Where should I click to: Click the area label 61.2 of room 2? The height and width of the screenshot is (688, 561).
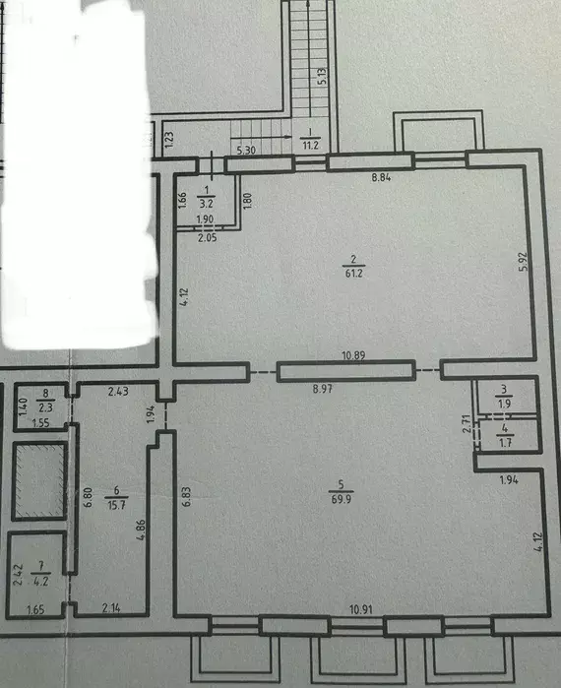tap(354, 274)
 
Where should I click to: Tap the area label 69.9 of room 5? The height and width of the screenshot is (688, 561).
tap(342, 499)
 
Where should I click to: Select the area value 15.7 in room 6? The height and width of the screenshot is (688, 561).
tap(116, 505)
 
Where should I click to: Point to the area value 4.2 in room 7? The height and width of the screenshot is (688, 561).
tap(41, 581)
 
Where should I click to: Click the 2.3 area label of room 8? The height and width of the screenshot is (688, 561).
tap(45, 407)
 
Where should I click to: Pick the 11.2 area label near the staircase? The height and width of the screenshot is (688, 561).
tap(310, 145)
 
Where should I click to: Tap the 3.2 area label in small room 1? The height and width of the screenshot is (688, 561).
tap(206, 203)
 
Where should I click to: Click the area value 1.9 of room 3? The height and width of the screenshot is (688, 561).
tap(505, 404)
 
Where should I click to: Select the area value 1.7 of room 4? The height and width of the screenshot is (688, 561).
tap(505, 442)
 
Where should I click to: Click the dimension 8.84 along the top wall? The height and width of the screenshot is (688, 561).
tap(381, 177)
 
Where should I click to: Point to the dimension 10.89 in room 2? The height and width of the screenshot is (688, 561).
tap(353, 355)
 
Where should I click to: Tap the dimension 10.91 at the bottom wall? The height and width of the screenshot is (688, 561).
tap(361, 609)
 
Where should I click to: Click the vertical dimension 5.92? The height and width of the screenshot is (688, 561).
tap(523, 262)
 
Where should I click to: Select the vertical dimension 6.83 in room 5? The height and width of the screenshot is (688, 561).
tap(187, 496)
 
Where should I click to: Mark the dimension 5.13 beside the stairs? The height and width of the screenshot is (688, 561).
tap(322, 77)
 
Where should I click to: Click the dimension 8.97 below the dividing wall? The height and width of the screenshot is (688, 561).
tap(323, 389)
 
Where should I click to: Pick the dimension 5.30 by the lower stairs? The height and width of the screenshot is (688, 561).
tap(246, 150)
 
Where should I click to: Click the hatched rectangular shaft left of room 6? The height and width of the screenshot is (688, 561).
tap(40, 481)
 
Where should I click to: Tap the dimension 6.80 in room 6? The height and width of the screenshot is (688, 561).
tap(89, 497)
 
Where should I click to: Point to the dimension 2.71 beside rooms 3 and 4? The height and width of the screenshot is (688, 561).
tap(467, 423)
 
